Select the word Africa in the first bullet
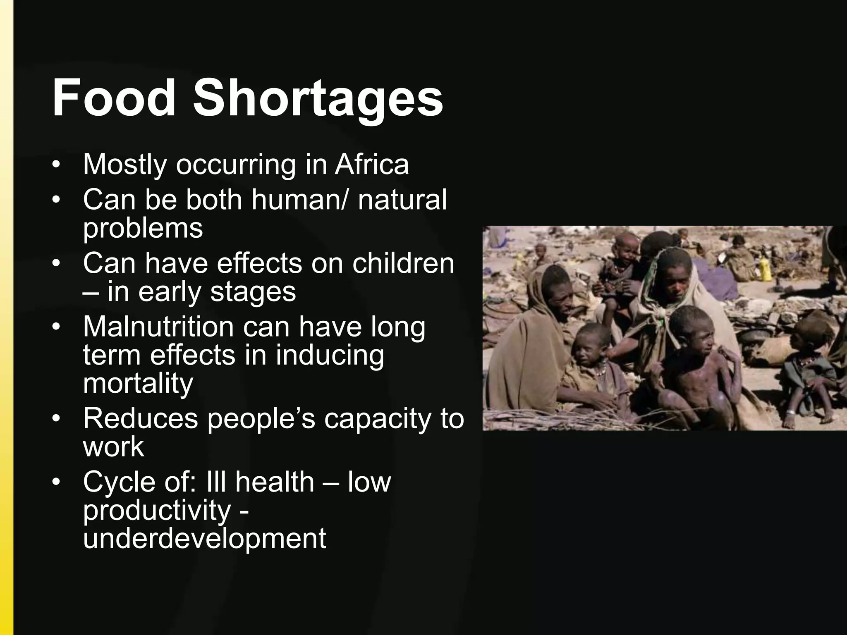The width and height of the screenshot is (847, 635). click(372, 164)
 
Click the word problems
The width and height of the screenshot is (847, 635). click(143, 228)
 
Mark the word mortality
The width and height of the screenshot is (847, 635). click(138, 384)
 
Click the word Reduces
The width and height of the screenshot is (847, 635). click(141, 418)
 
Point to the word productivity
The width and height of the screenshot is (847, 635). click(157, 511)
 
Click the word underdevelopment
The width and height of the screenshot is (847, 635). click(204, 538)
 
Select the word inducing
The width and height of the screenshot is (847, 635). click(330, 355)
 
